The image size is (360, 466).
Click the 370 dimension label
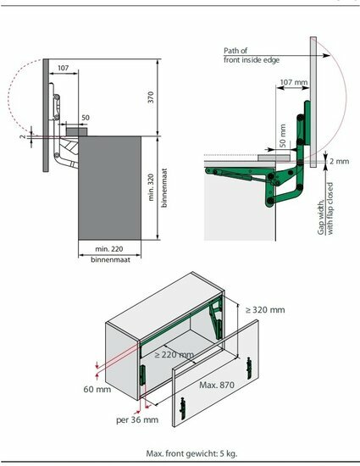pyautogui.click(x=151, y=97)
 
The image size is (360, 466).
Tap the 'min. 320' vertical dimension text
pyautogui.click(x=151, y=187)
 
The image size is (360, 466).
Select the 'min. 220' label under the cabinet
pyautogui.click(x=109, y=249)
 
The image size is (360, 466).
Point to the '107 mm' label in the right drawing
pyautogui.click(x=294, y=81)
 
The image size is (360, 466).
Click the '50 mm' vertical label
pyautogui.click(x=282, y=136)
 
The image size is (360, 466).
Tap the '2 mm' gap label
pyautogui.click(x=339, y=161)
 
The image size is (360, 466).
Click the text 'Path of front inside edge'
pyautogui.click(x=252, y=55)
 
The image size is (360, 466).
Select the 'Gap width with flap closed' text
pyautogui.click(x=325, y=208)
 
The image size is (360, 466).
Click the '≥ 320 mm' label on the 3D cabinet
pyautogui.click(x=265, y=309)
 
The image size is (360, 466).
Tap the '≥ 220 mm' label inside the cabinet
pyautogui.click(x=174, y=354)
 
